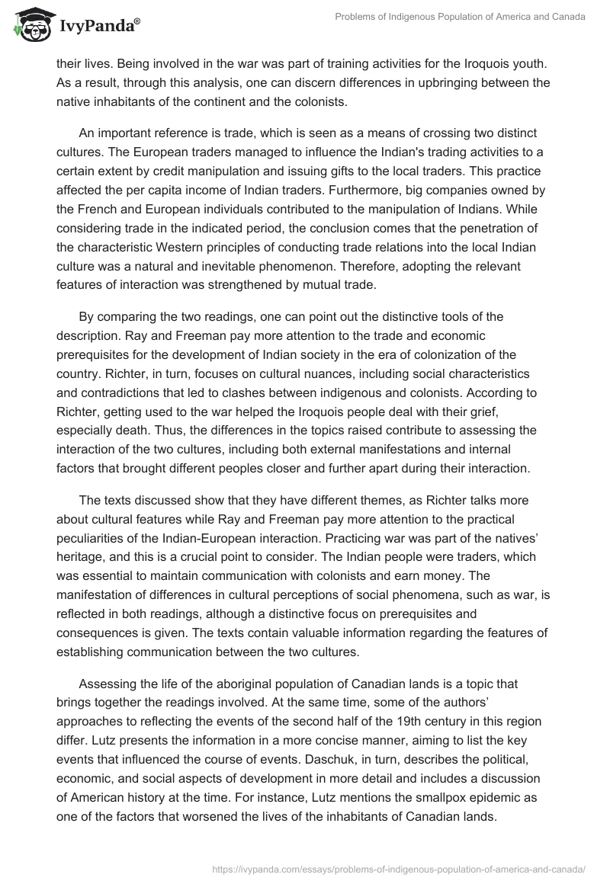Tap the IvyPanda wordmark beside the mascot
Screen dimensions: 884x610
pyautogui.click(x=99, y=27)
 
